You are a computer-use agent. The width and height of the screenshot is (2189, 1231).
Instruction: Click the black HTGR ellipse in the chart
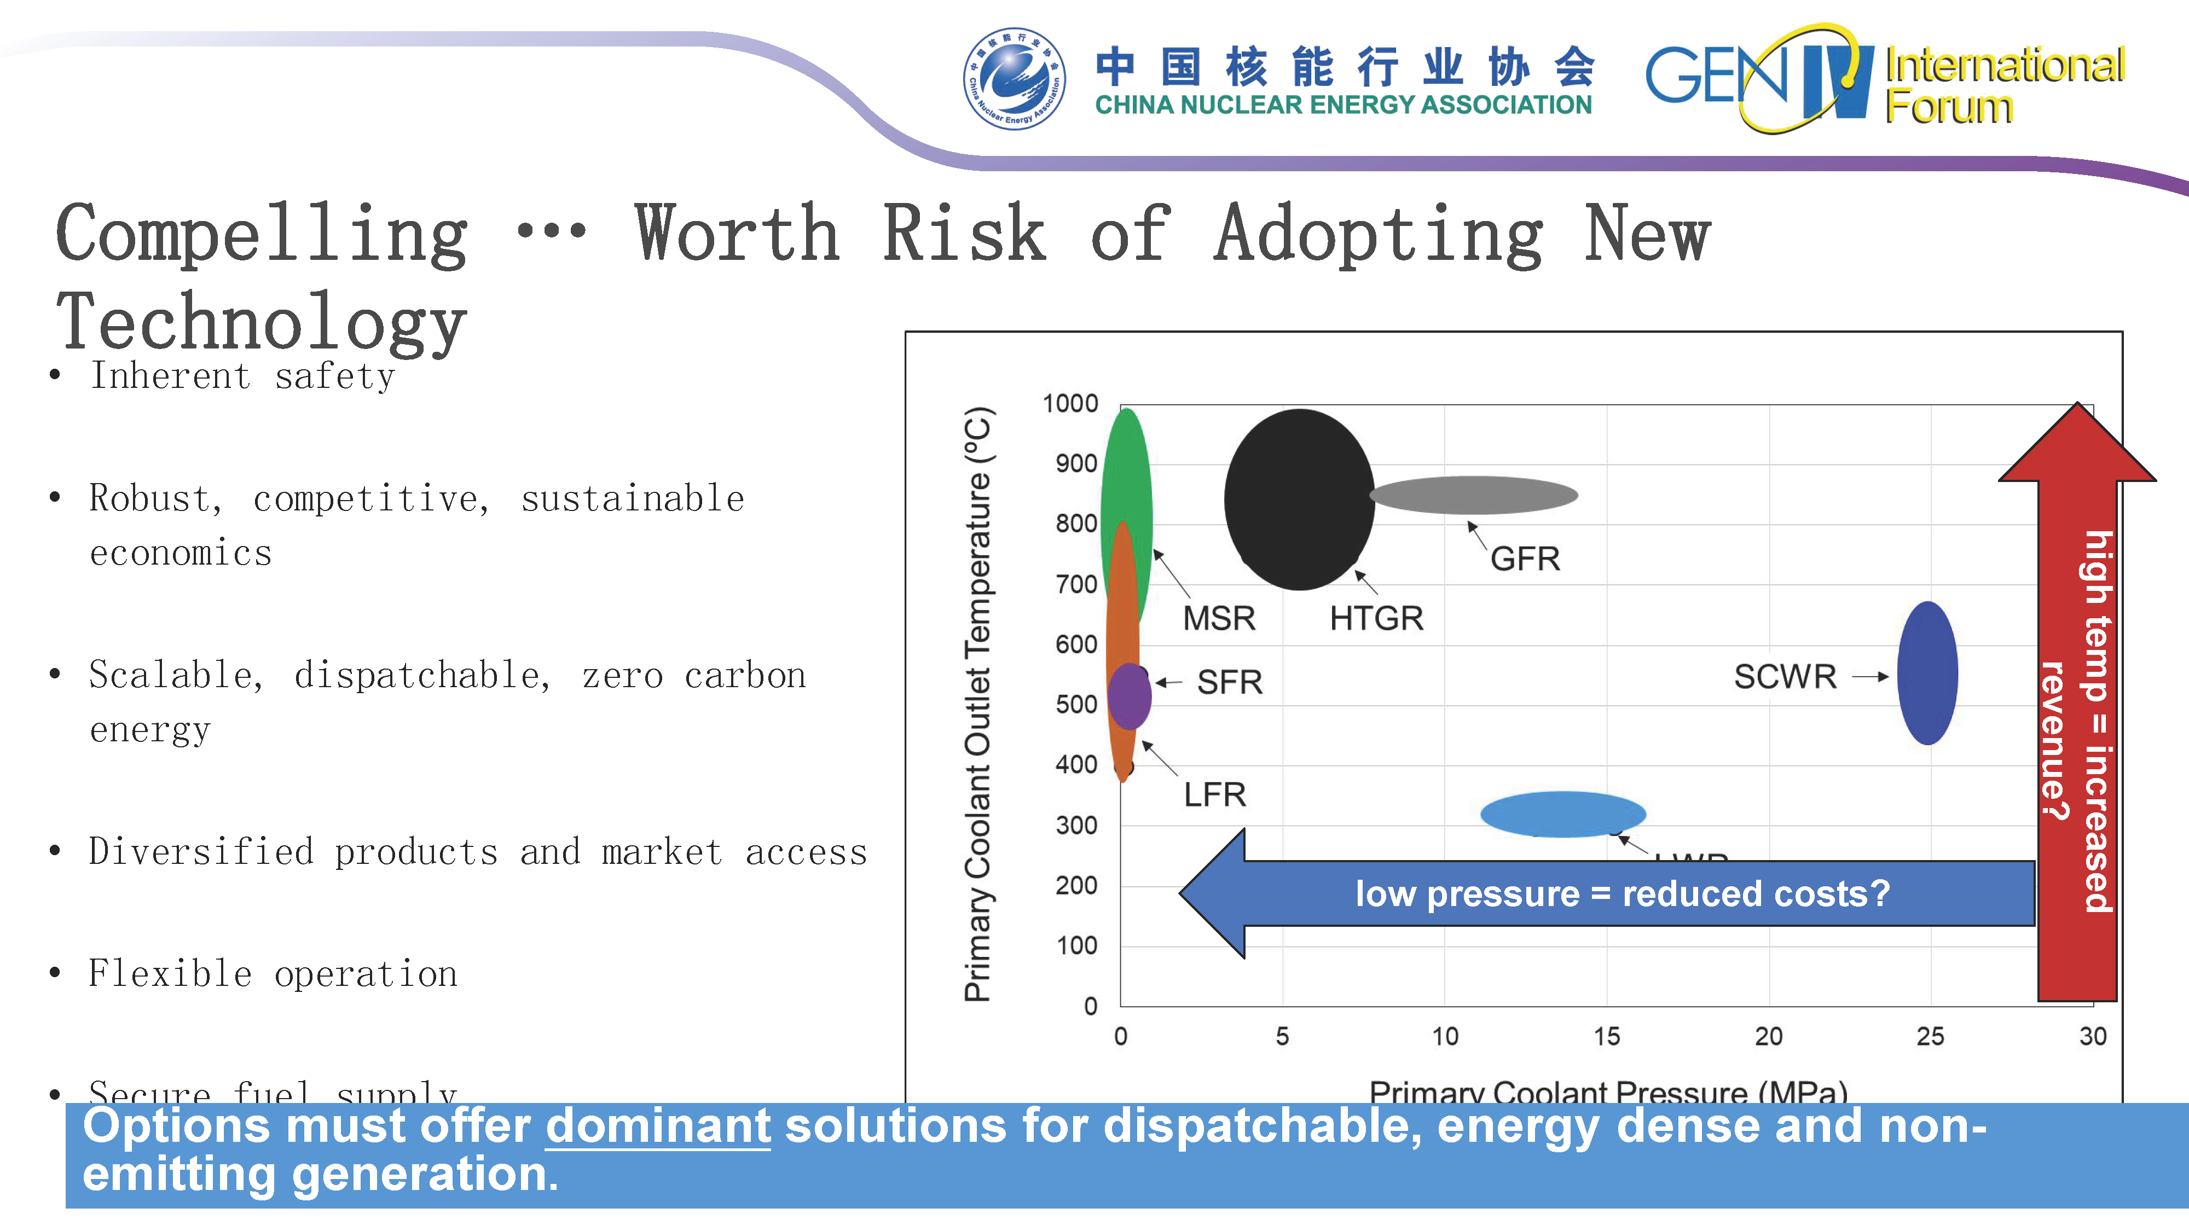coord(1299,500)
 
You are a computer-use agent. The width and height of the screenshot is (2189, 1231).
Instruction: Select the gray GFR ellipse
coord(1474,495)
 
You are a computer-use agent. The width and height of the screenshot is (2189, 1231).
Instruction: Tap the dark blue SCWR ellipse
coord(1927,673)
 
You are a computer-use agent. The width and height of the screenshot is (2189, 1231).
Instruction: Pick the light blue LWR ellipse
coord(1562,814)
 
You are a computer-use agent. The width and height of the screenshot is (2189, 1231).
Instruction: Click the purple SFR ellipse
coord(1130,696)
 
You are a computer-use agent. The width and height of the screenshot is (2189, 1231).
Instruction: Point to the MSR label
coord(1219,618)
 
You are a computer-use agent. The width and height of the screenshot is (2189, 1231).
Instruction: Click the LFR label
coord(1214,795)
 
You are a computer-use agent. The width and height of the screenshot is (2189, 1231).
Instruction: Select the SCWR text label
coord(1785,677)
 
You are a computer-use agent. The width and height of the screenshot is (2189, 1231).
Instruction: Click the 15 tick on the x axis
coord(1606,1036)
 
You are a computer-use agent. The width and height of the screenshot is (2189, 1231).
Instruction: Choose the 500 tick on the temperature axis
coord(1076,704)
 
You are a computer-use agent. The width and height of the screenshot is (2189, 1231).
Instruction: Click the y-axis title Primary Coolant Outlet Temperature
coord(978,705)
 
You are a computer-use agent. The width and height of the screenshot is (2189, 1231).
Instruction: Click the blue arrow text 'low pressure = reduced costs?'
coord(1622,894)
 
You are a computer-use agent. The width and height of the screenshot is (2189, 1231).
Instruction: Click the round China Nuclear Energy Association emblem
coord(1014,79)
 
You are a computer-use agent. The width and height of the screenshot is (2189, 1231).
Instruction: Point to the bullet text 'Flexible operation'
coord(273,974)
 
